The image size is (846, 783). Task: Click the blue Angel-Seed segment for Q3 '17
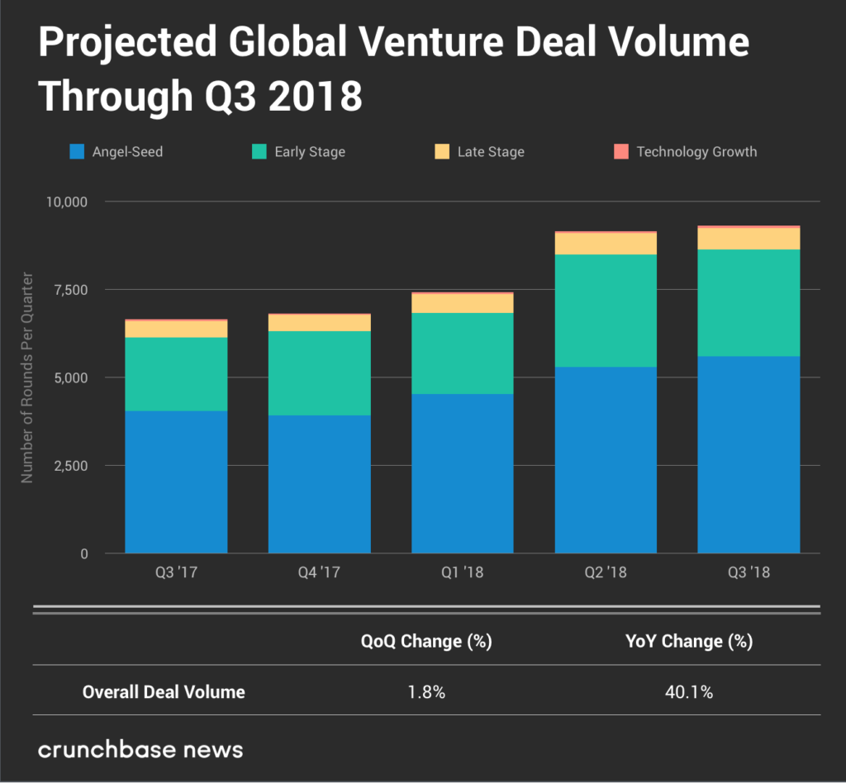(176, 482)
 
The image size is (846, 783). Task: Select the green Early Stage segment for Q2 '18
(606, 311)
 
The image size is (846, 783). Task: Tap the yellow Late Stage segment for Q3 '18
(749, 238)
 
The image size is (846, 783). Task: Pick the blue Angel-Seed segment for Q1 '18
(463, 473)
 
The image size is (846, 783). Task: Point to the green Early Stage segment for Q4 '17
(319, 373)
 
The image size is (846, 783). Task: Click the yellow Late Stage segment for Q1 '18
(463, 303)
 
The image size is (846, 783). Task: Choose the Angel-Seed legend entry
(116, 152)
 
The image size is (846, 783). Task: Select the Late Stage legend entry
(479, 152)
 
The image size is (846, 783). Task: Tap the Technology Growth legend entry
(686, 152)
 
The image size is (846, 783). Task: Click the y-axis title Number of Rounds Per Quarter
(27, 377)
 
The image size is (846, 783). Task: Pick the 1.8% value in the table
(426, 692)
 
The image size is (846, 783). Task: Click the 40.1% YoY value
(689, 692)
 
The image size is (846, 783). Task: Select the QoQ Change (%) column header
(426, 642)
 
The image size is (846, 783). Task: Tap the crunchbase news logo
(141, 750)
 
